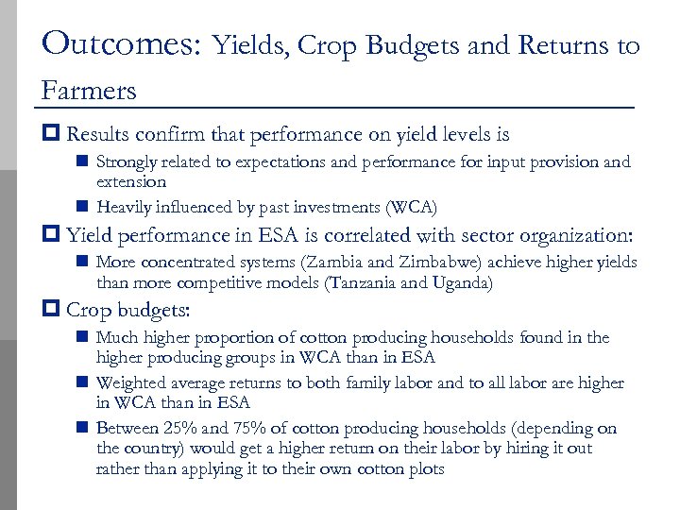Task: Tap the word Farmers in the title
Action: (x=89, y=91)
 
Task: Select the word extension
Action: (x=131, y=181)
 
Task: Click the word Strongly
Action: (x=127, y=162)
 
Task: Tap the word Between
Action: (x=127, y=429)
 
